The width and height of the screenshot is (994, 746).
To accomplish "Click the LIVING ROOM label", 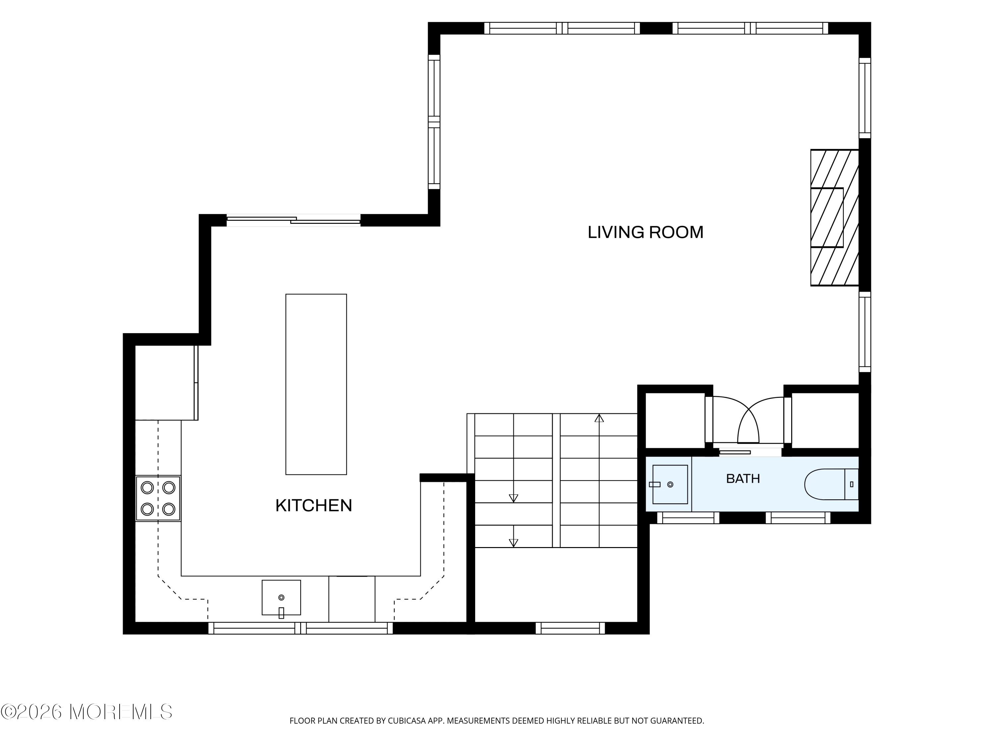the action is pyautogui.click(x=645, y=232).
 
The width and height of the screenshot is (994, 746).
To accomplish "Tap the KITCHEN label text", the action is pyautogui.click(x=314, y=505).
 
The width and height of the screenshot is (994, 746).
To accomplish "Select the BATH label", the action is pyautogui.click(x=743, y=478).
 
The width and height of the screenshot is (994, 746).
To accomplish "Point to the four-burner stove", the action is pyautogui.click(x=158, y=498).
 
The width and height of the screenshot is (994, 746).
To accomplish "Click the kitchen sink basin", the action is pyautogui.click(x=281, y=597).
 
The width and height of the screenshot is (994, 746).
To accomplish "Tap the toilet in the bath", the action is pyautogui.click(x=831, y=484).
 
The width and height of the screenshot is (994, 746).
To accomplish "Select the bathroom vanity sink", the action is pyautogui.click(x=670, y=484).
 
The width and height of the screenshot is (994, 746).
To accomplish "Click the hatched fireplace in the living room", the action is pyautogui.click(x=835, y=218).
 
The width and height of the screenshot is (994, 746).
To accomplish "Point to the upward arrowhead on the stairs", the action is pyautogui.click(x=599, y=418).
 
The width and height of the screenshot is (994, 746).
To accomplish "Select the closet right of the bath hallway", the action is pyautogui.click(x=825, y=420).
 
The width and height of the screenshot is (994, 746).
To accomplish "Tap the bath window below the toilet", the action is pyautogui.click(x=798, y=518).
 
